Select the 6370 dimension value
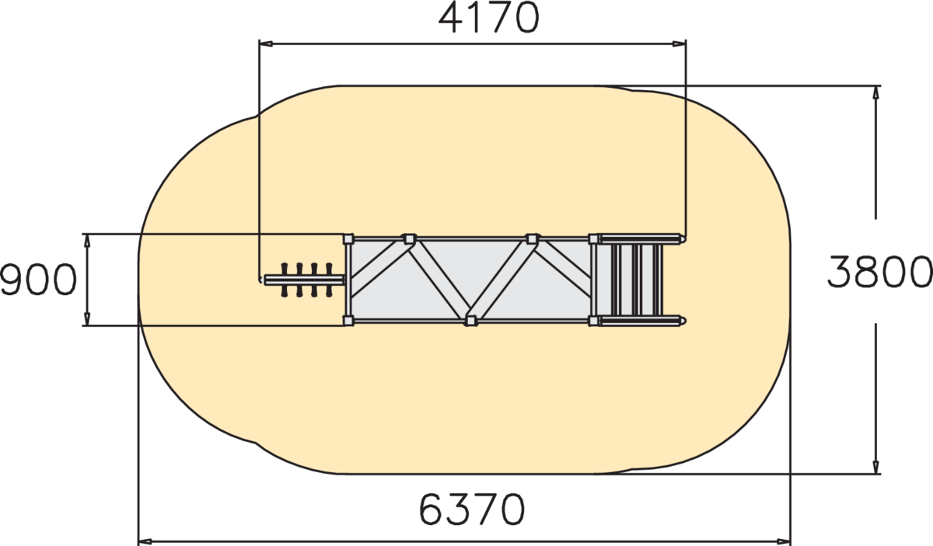coord(471,509)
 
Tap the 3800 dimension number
coord(879,272)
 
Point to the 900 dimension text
coord(39,280)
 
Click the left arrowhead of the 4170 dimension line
coord(266,43)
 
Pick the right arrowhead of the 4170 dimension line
coord(679,43)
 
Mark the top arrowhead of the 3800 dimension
coord(875,92)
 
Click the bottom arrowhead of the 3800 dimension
coord(875,467)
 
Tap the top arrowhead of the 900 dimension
coord(87,241)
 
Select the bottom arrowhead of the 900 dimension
coord(87,318)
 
